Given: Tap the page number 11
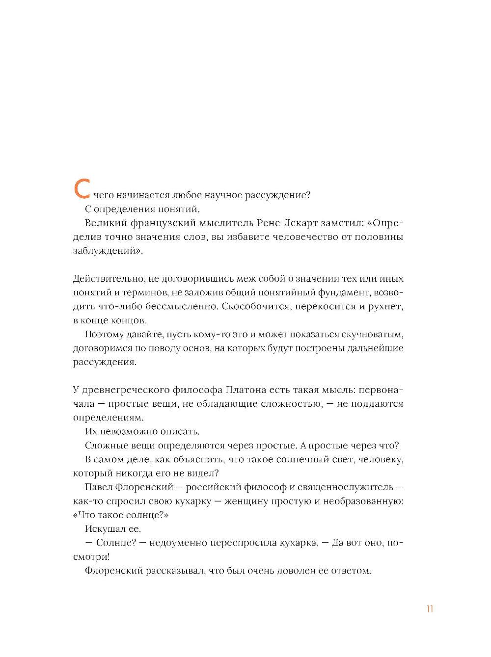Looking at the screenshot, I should [x=430, y=609].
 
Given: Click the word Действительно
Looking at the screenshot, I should [x=108, y=279].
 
